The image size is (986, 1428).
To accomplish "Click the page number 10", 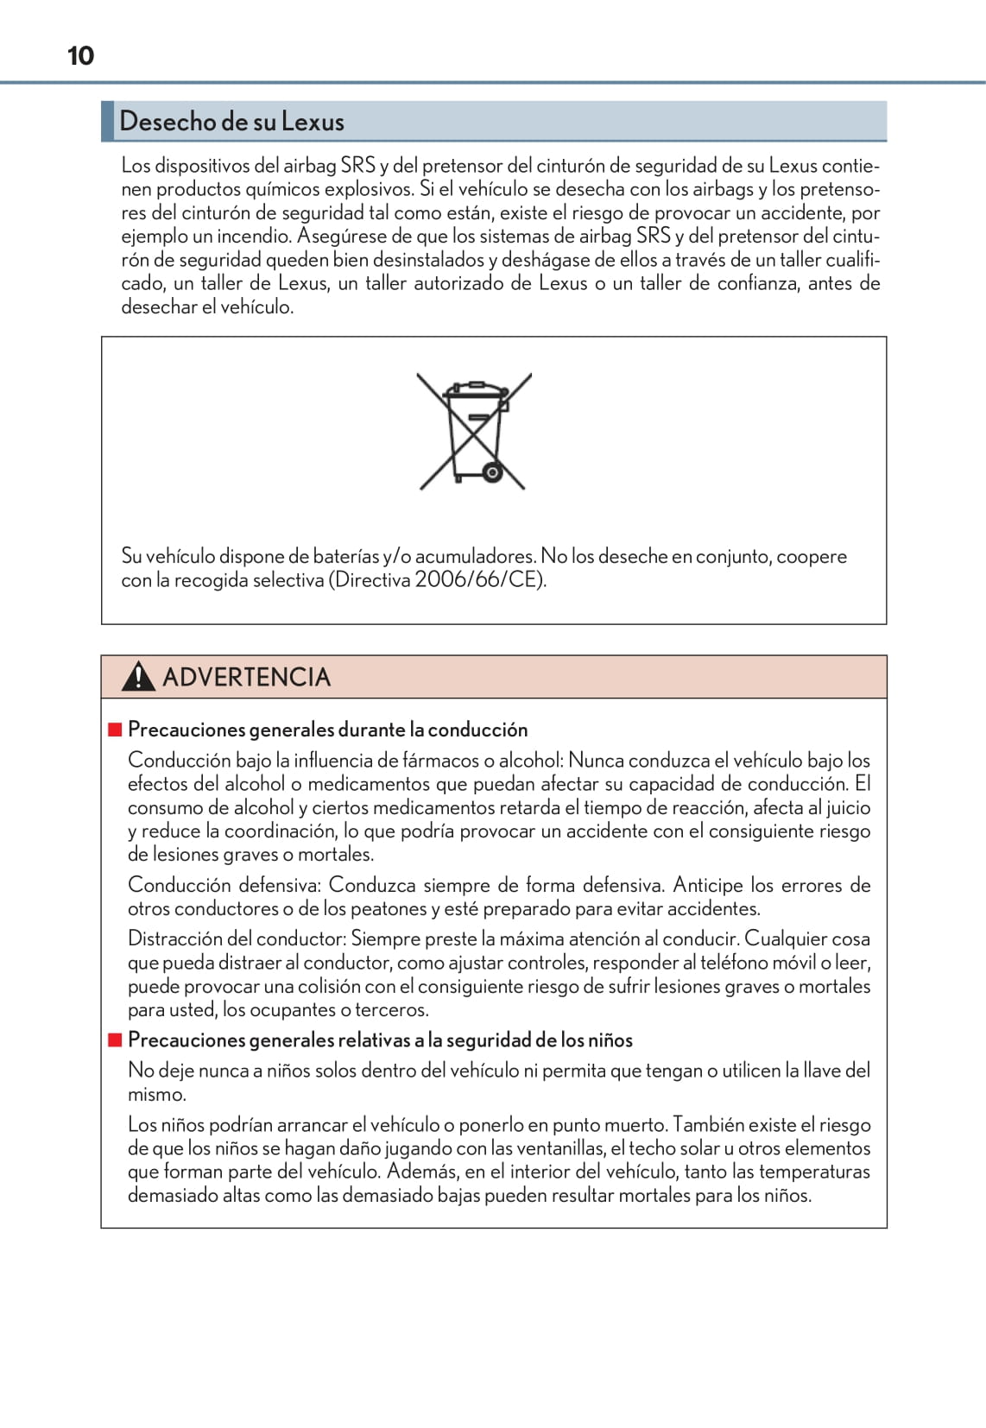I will coord(80,56).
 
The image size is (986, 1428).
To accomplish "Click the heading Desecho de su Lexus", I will coord(231,122).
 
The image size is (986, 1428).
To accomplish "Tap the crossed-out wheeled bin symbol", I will coord(473,431).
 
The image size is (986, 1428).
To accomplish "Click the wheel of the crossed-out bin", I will coord(492,472).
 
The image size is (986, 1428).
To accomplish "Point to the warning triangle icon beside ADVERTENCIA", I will coord(138,677).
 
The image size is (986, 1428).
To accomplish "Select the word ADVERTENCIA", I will coord(246,677).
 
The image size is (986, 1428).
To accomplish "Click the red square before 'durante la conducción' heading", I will coord(115,730).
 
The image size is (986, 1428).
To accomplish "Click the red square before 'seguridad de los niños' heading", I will coord(115,1039).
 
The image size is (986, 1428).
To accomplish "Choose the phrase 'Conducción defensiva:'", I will coord(224,885).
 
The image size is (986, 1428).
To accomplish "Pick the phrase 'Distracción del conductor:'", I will coord(237,938).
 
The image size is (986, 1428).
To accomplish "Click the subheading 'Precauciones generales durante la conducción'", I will coord(327,730).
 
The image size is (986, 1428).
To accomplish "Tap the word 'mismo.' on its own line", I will coord(156,1094).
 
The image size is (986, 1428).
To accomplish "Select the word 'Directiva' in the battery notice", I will coord(372,579).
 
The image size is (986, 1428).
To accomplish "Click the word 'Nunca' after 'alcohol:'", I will coord(596,761).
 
